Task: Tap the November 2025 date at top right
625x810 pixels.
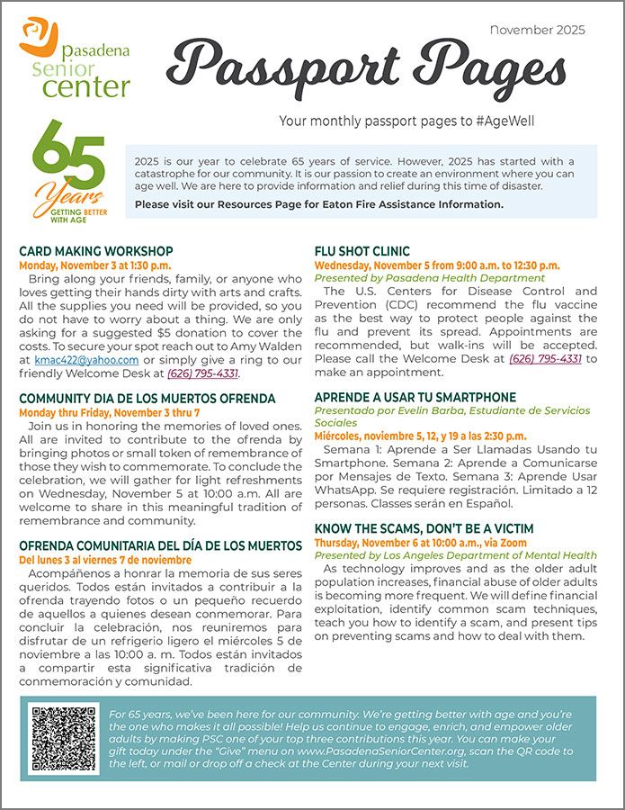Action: click(x=537, y=30)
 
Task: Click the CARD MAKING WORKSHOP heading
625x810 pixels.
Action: click(x=95, y=251)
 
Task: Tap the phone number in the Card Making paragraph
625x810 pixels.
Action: click(x=202, y=373)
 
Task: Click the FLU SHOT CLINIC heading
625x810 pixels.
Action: click(x=362, y=251)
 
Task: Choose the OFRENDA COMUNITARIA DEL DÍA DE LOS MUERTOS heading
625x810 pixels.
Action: click(x=160, y=545)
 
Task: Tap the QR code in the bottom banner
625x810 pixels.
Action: click(x=64, y=738)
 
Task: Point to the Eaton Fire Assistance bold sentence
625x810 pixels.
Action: click(x=318, y=204)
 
